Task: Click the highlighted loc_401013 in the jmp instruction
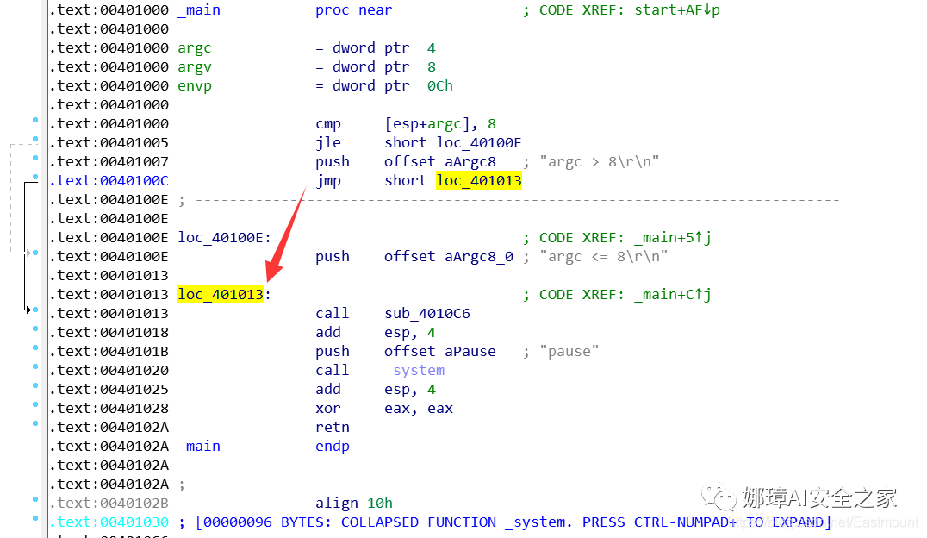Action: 479,180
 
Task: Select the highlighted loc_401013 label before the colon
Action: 220,294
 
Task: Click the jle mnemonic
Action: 328,142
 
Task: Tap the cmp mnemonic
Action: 328,123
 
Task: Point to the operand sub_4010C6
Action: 427,313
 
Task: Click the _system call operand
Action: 414,370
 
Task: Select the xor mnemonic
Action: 328,408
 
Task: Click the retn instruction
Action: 333,427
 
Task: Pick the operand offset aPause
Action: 440,351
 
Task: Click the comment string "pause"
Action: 569,351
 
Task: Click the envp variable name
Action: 195,85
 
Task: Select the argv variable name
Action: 195,66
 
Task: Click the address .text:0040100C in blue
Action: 109,180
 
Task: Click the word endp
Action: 333,446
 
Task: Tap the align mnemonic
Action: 337,503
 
